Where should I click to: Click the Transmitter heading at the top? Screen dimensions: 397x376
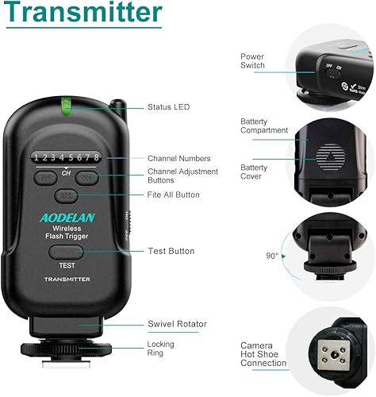click(83, 13)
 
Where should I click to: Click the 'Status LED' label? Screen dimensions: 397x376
click(168, 106)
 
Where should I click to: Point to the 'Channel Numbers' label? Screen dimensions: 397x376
click(178, 158)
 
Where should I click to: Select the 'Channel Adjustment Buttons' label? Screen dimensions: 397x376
click(178, 176)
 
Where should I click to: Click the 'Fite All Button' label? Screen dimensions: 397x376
click(174, 195)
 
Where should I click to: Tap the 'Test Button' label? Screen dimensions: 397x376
click(171, 251)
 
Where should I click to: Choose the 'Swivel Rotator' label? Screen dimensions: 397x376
click(176, 324)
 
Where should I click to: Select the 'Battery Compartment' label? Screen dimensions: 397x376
click(264, 125)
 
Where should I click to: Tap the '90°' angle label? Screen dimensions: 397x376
click(273, 256)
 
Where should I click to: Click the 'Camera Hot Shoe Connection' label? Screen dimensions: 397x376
click(263, 355)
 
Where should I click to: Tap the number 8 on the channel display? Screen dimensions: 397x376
click(95, 157)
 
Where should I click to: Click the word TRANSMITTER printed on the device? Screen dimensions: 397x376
click(67, 279)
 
